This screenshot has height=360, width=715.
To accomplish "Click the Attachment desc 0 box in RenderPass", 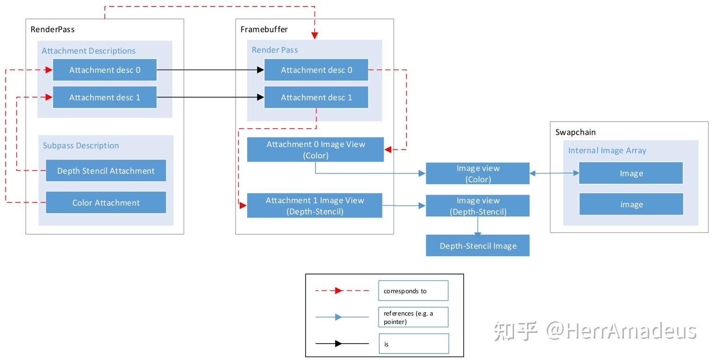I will coord(105,70).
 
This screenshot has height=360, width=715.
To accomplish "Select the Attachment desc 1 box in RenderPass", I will coord(105,98).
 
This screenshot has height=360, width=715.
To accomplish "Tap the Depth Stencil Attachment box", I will coord(106,171).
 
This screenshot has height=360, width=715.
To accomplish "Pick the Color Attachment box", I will coord(106,202).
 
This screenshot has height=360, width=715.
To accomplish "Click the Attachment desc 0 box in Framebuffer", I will coord(316,70).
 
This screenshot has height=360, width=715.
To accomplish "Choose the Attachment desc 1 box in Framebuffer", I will coord(316,98).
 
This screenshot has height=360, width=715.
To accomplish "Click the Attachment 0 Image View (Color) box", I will coord(315,150).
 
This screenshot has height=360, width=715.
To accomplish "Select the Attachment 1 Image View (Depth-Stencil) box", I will coord(315,206).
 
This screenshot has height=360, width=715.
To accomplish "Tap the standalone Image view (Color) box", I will coord(478,173).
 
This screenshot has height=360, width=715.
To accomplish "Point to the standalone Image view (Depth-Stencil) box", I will coord(478,206).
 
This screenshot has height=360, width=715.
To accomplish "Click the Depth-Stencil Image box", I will coord(478,245).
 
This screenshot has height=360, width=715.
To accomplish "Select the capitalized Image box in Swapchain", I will coord(631,173).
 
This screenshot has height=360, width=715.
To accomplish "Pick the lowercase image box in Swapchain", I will coord(631,204).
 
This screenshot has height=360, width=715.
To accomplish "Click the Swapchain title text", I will coord(575,132).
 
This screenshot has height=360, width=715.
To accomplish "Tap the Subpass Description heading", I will coord(81,145).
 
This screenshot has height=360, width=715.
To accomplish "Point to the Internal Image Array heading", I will coord(607,151).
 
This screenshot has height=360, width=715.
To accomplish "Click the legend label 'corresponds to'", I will coord(405,291).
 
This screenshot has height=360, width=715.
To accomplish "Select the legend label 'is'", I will coord(386,344).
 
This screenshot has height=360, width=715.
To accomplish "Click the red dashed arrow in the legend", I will coord(342,290).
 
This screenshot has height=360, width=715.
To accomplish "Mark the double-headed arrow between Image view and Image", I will coord(554,173).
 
